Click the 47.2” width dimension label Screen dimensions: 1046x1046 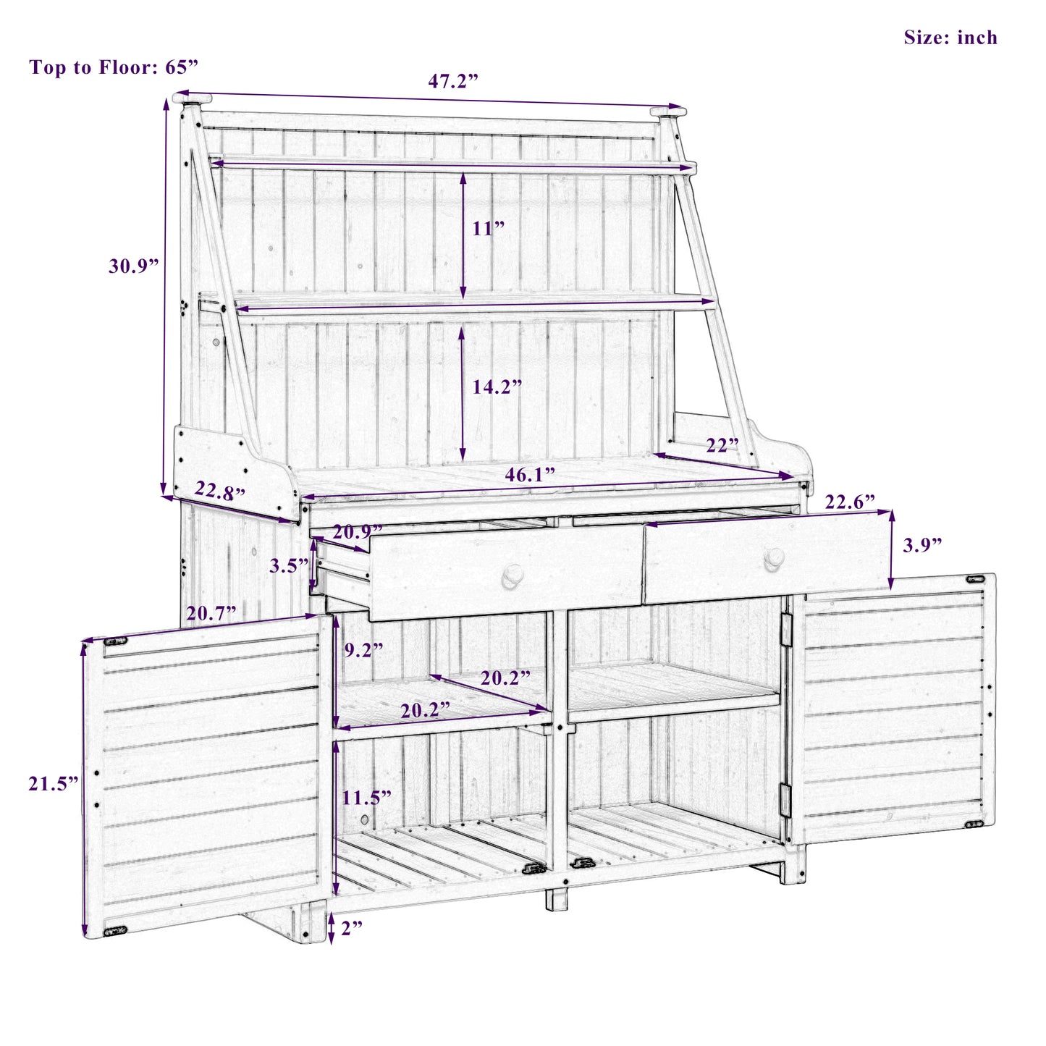click(x=453, y=81)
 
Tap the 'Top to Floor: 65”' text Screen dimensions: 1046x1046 click(x=114, y=67)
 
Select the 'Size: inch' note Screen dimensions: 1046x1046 click(x=950, y=38)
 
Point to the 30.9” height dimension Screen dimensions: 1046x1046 click(x=134, y=266)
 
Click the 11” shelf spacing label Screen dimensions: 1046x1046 click(x=489, y=229)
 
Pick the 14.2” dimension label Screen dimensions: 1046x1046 click(x=497, y=387)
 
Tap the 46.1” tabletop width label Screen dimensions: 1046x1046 click(x=530, y=475)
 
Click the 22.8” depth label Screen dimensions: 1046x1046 click(x=220, y=492)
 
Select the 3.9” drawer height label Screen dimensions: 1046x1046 click(x=922, y=545)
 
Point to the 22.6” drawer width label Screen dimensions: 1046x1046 click(x=850, y=502)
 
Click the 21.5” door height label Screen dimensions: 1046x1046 click(x=54, y=783)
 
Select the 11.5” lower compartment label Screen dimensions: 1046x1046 click(x=367, y=798)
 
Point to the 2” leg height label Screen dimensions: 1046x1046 click(x=351, y=928)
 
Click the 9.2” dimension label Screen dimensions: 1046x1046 click(x=363, y=650)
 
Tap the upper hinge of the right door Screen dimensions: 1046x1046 click(x=785, y=628)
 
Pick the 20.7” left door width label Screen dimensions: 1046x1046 click(x=211, y=614)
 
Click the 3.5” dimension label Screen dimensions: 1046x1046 click(x=289, y=566)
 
